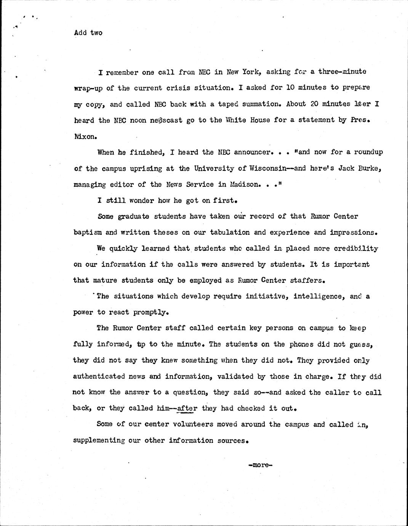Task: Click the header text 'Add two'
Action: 88,33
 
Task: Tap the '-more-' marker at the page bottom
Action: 259,465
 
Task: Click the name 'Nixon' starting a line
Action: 83,136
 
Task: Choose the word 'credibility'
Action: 356,248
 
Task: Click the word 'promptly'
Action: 150,312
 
